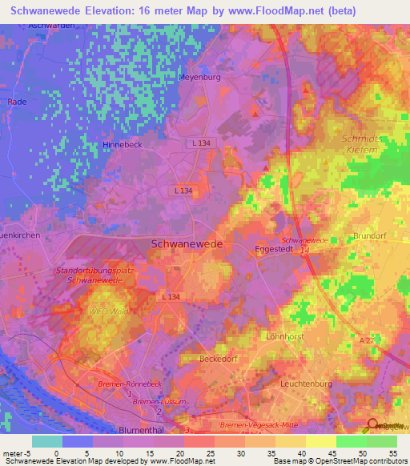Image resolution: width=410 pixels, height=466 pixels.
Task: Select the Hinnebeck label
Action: point(122,144)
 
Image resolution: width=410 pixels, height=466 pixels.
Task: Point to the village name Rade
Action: point(17,102)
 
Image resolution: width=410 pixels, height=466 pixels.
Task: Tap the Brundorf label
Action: point(371,236)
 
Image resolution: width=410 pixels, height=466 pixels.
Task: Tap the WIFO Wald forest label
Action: point(110,311)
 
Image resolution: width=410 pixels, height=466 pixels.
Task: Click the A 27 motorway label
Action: point(366,340)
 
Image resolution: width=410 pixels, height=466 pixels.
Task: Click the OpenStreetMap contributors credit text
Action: point(362,461)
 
